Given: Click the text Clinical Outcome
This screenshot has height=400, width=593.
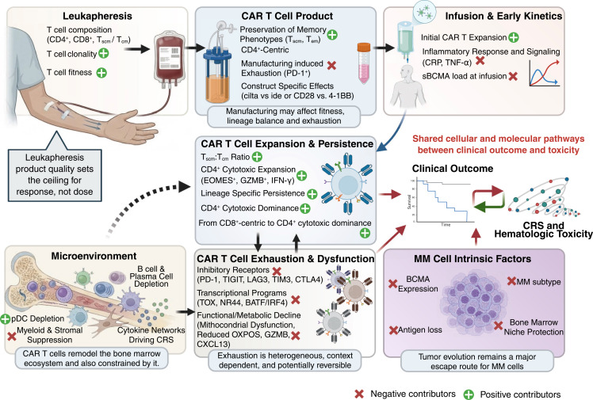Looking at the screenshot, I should click(x=451, y=169).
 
